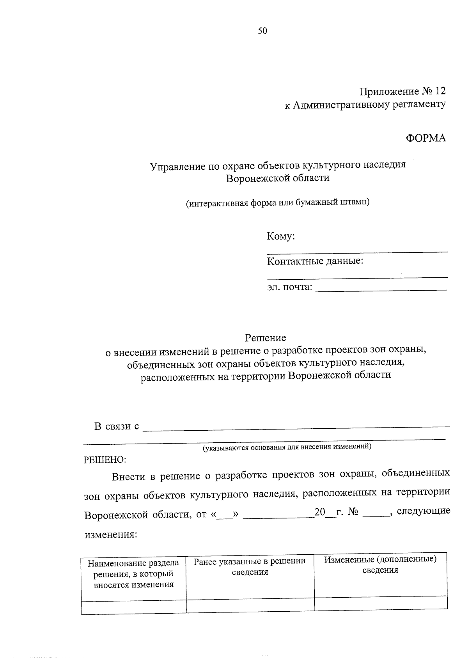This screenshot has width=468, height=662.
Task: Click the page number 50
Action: point(262,31)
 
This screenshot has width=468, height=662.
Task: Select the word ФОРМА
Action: point(426,138)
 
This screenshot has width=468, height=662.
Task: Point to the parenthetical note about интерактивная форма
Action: point(277,203)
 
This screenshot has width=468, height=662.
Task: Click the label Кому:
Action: point(280,236)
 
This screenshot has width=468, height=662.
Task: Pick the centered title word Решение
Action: point(266,337)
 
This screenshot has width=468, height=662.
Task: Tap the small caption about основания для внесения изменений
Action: point(287,447)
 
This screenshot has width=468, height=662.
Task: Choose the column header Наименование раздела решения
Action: point(133,574)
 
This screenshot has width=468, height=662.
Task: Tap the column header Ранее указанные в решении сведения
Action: point(250,566)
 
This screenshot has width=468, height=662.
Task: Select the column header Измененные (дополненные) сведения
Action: point(380,564)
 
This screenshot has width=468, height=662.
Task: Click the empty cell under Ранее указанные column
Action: point(250,605)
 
